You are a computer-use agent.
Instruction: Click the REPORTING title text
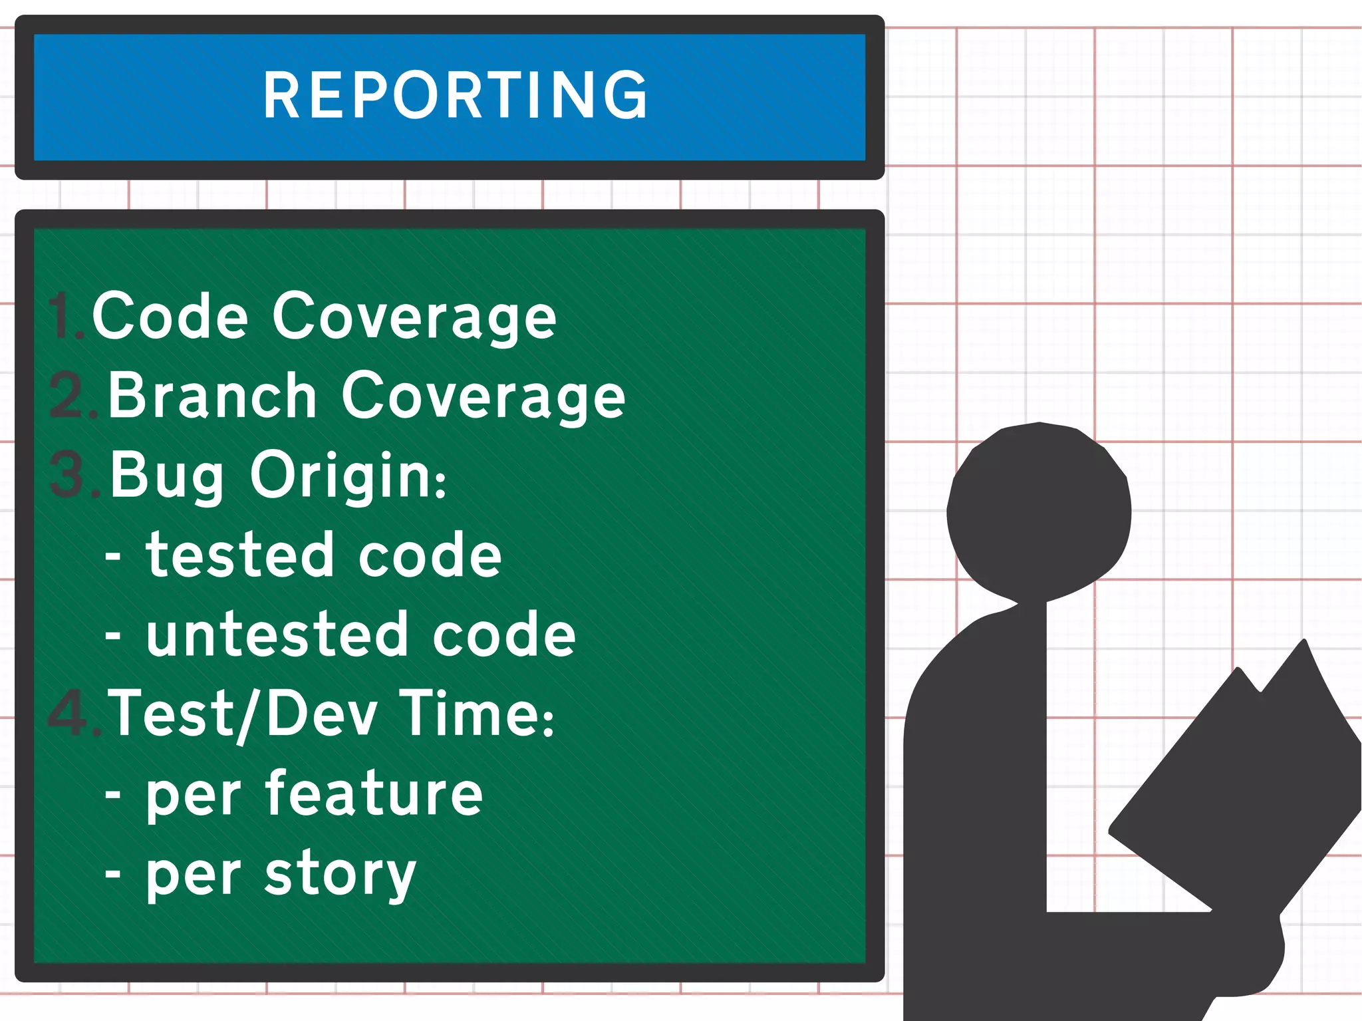point(455,96)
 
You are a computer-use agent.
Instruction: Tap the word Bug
point(167,475)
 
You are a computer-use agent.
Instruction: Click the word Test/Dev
point(243,714)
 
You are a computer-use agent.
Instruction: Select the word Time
point(476,713)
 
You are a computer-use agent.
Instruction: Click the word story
point(340,874)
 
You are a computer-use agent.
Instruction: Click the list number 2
point(72,396)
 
